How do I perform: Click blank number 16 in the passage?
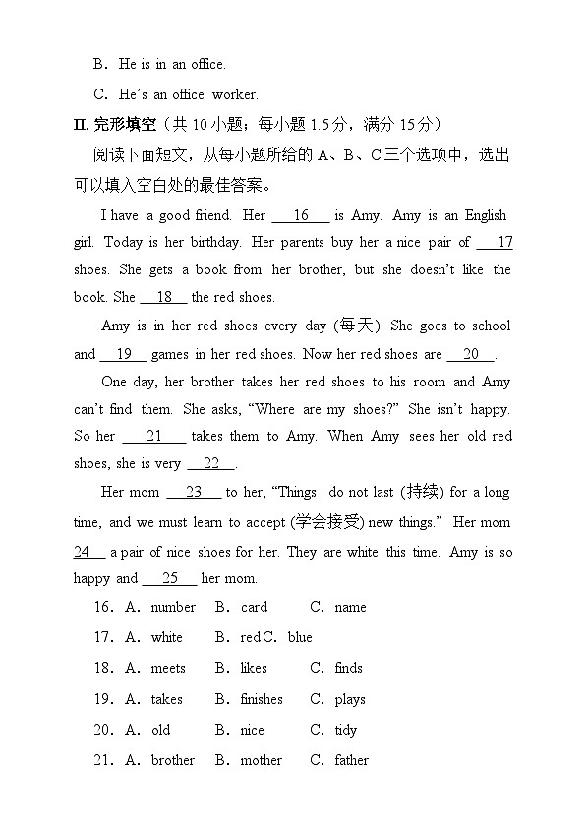[x=301, y=215]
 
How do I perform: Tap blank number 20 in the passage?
[x=471, y=354]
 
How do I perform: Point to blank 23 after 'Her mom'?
[x=194, y=492]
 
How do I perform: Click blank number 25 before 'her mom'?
[x=170, y=578]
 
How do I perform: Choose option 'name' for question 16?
[x=350, y=607]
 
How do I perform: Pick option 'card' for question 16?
[x=254, y=607]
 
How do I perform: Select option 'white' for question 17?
[x=167, y=637]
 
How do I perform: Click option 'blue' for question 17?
[x=300, y=637]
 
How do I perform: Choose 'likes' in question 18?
[x=254, y=668]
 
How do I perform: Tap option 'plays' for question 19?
[x=350, y=699]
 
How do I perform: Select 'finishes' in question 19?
[x=262, y=699]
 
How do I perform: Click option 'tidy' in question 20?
[x=346, y=730]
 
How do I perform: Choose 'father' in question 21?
[x=352, y=760]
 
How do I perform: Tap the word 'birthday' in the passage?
[x=213, y=242]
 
